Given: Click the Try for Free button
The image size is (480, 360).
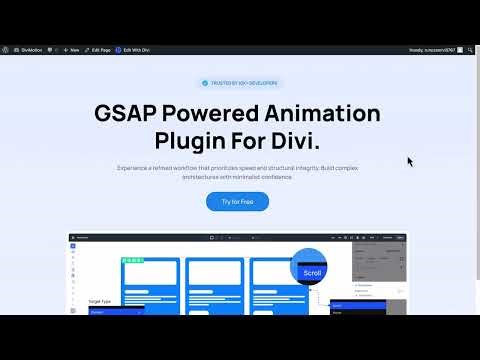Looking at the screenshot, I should coord(237,201).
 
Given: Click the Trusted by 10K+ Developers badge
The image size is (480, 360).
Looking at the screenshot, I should coord(240,83).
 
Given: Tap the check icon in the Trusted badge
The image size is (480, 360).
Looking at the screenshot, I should coord(205,83).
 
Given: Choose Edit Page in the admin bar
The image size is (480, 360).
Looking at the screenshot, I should coord(100,49).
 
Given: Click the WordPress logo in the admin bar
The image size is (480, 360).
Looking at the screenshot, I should coord(7,49).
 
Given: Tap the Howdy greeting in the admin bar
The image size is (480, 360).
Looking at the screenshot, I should coord(438,49).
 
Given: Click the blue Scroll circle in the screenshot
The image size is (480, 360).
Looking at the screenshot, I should coord(311,271).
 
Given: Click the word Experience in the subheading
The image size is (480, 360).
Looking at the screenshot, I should coord(135,168).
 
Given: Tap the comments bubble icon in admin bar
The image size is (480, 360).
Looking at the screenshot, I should coord(59,49).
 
